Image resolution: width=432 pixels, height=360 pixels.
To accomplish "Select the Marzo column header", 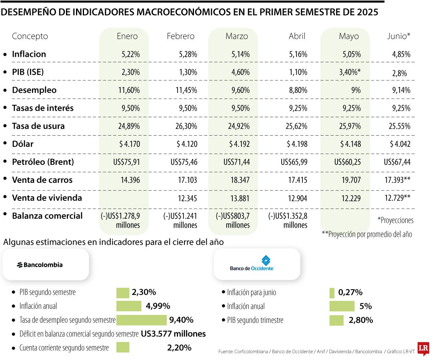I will pos(237,36).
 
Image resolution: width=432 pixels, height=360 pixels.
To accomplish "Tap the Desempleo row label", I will pos(34,90).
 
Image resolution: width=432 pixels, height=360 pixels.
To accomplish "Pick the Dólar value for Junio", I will pos(397,144).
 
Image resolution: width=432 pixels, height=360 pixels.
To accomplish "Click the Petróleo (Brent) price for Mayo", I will pos(348,162).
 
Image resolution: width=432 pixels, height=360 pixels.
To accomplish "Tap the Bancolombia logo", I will pos(40,265).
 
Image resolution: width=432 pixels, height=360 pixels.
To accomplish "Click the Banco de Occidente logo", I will pos(252,264).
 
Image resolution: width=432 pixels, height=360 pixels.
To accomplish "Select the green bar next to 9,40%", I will pos(141,320).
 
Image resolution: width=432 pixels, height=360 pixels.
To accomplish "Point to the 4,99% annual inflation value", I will pos(158,306).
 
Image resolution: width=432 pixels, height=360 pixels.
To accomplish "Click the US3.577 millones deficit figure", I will pos(173,334).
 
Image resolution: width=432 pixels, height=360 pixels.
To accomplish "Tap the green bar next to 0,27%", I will pos(332,293).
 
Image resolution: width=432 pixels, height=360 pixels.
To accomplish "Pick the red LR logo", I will pos(423,348).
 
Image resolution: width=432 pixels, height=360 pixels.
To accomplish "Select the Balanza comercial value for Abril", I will pos(288,220).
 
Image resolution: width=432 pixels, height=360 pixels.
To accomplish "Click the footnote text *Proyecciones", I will pos(395,220).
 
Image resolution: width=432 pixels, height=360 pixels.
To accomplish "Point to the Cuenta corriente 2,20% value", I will pos(179,348).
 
